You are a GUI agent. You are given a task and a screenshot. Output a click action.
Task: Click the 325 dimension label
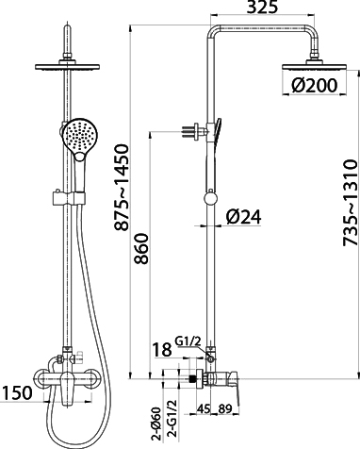click(x=262, y=7)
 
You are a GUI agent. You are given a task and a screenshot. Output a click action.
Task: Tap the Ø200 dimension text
click(x=314, y=85)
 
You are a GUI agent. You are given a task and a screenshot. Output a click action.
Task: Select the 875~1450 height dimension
click(x=122, y=188)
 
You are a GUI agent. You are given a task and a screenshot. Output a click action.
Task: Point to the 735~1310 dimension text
click(x=351, y=203)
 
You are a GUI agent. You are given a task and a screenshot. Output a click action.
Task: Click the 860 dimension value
click(x=140, y=248)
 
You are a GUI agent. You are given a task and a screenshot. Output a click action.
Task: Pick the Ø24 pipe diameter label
click(x=243, y=217)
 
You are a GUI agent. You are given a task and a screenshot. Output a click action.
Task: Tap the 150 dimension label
click(x=17, y=392)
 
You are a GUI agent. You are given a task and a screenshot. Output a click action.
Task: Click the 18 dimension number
click(x=162, y=349)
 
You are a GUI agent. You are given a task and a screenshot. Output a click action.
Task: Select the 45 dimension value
click(x=204, y=408)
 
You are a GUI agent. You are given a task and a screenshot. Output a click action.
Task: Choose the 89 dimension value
click(x=225, y=408)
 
